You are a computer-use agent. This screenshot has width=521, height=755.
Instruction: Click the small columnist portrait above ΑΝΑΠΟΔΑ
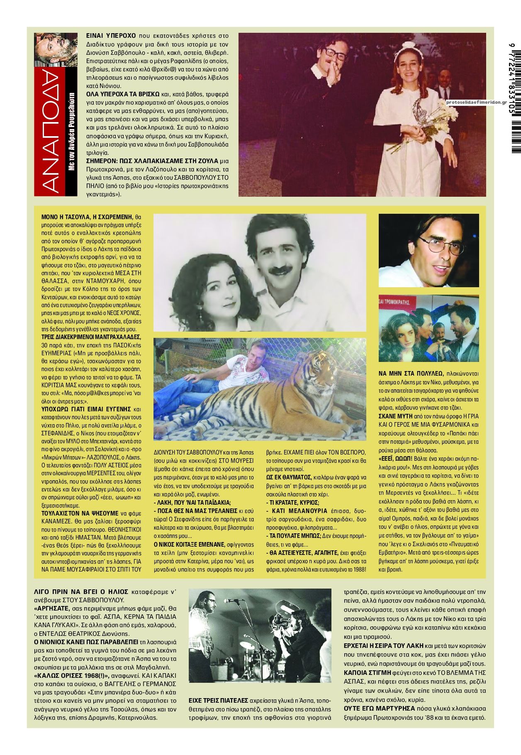[56, 49]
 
